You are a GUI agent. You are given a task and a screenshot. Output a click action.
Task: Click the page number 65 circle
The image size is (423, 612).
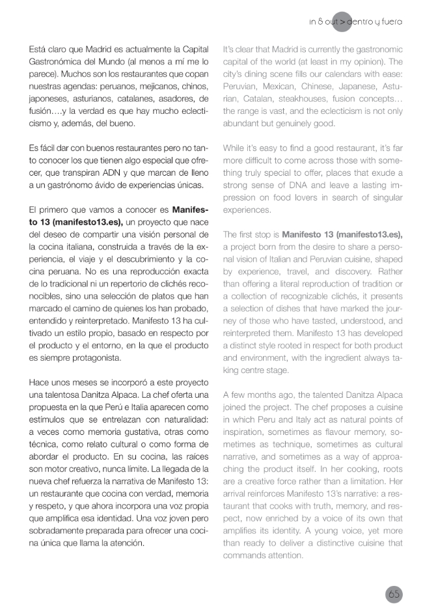(393, 594)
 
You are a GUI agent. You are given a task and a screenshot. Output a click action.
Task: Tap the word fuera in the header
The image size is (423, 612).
(389, 22)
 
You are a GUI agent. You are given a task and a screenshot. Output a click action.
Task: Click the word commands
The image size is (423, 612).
(245, 556)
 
